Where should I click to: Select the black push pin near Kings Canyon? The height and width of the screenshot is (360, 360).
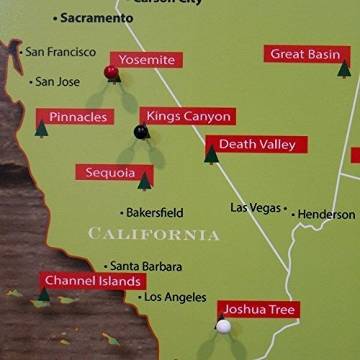point(141,131)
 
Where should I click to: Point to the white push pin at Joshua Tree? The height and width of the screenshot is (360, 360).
point(224,327)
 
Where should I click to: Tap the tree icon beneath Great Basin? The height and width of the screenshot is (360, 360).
point(344,69)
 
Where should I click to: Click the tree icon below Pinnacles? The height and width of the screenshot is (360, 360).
point(42,130)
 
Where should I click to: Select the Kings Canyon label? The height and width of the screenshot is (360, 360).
point(188,117)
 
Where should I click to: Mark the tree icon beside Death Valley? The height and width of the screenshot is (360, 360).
point(211,153)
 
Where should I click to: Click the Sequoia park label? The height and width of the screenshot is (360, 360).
point(109,173)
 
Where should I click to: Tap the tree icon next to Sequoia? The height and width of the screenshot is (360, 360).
point(145,181)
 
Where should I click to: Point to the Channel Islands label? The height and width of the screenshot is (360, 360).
point(91,280)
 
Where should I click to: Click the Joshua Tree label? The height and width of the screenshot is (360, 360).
point(258,310)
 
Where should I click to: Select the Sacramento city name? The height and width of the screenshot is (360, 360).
point(96,18)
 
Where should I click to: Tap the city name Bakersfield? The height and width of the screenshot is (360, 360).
point(154,213)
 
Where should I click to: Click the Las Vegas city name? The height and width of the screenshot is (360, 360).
point(255,207)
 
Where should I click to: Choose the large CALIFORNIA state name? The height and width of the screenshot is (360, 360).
point(153,234)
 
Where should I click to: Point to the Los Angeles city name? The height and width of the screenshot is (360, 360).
point(175,297)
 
